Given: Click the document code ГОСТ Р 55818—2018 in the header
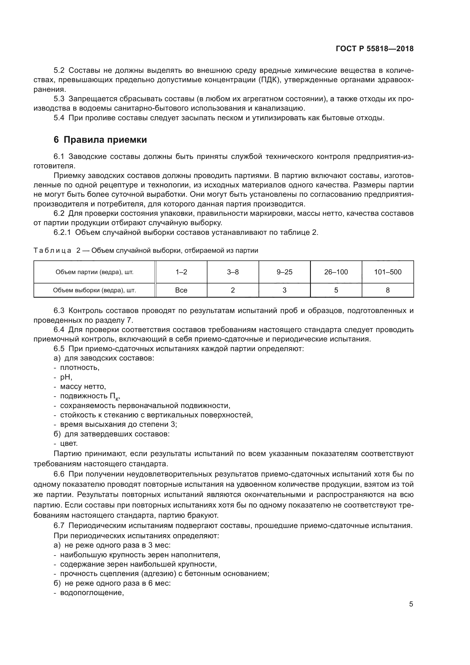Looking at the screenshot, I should pyautogui.click(x=375, y=49).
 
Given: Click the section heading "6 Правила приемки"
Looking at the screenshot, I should pyautogui.click(x=100, y=140).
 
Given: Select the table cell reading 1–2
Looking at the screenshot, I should pyautogui.click(x=181, y=272).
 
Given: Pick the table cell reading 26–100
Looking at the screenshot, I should pyautogui.click(x=336, y=272).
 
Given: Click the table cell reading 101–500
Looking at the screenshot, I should pyautogui.click(x=388, y=272).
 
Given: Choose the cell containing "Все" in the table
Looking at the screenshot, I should pyautogui.click(x=181, y=290).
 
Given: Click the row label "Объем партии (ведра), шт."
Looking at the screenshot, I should pyautogui.click(x=94, y=272).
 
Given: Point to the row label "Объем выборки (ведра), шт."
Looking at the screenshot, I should pyautogui.click(x=94, y=290).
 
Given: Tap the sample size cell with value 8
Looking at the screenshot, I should pyautogui.click(x=388, y=290).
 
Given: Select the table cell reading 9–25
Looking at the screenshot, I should pyautogui.click(x=284, y=272).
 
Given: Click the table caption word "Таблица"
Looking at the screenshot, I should pyautogui.click(x=52, y=250).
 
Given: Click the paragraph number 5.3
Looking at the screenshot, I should pyautogui.click(x=59, y=99).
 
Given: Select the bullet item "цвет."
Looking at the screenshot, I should pyautogui.click(x=69, y=444).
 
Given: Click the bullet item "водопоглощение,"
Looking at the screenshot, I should pyautogui.click(x=92, y=593).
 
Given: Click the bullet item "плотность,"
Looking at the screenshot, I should pyautogui.click(x=80, y=368).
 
